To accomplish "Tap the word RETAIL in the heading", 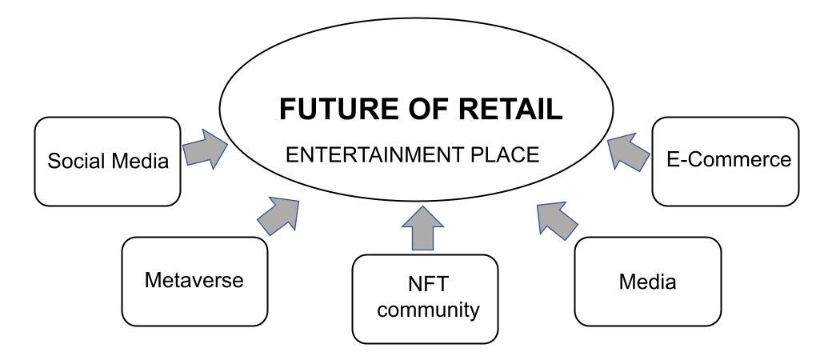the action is pos(510,109).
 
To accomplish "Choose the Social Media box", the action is pos(108,162).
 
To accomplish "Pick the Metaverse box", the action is pos(194,282).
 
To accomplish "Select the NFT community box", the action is pos(426,299).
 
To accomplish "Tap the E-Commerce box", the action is pos(726,162).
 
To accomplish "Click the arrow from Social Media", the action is pos(205,150).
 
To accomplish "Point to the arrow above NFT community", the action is pos(423,229).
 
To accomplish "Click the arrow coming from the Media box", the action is pos(557,220).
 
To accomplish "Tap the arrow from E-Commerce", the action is pos(629,152).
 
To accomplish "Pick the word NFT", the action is pos(428,284).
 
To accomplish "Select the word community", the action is pos(428,310).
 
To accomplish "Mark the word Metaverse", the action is pos(194,280).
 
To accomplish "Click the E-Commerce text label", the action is pos(729,159).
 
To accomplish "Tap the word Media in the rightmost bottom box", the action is pos(647,282).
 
